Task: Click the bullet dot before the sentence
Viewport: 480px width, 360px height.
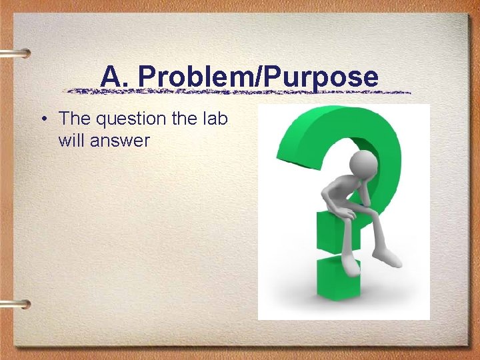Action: coord(42,119)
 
